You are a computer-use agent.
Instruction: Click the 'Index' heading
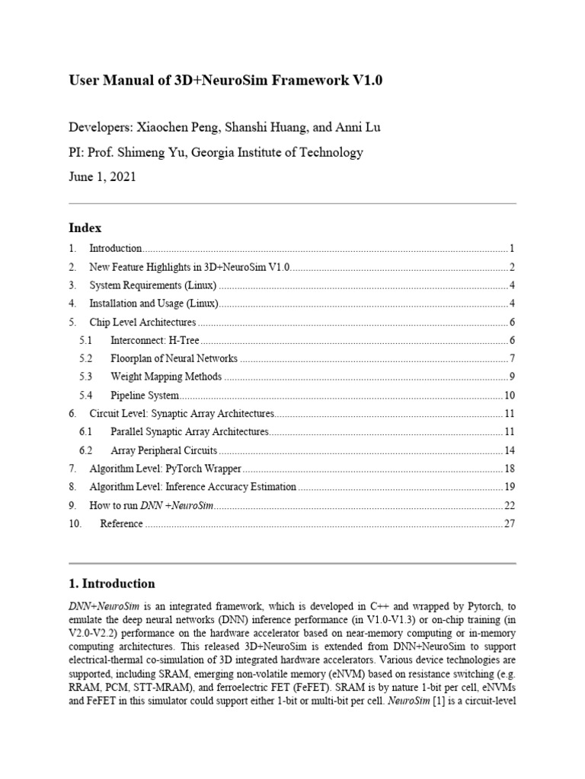pos(85,227)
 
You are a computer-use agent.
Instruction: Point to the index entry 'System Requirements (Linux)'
pos(153,285)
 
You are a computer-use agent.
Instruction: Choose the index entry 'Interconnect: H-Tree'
pos(155,340)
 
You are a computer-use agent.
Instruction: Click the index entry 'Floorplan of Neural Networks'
pos(174,358)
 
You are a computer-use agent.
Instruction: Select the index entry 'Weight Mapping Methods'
pos(166,377)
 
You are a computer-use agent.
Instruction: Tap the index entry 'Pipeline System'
pos(145,396)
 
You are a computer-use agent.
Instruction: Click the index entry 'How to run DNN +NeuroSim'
pos(150,505)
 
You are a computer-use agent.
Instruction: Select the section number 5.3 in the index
pos(85,377)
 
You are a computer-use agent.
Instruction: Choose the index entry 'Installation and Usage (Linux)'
pos(154,304)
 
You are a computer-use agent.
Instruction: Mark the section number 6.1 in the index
pos(85,432)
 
